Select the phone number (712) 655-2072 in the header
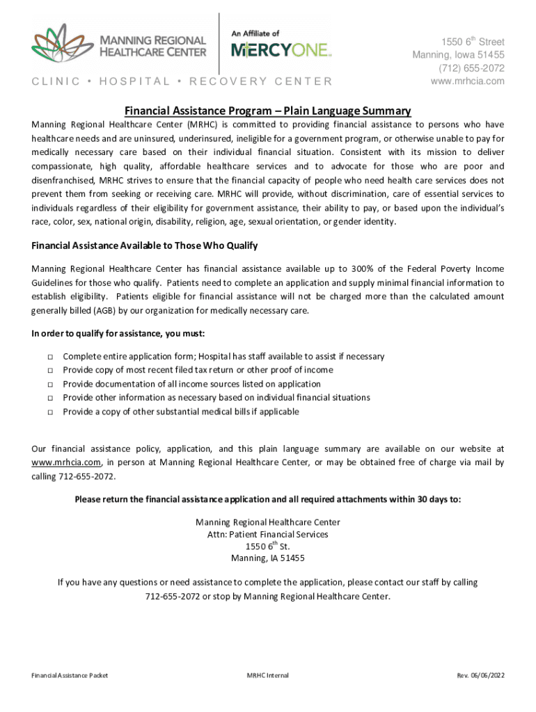471,68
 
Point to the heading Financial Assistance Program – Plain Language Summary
268,111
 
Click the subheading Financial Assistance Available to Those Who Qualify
145,245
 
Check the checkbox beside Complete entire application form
51,357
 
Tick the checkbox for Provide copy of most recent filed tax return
51,371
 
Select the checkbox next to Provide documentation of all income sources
51,385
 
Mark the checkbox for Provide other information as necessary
51,398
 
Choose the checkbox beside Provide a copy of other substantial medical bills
51,412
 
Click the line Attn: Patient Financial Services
268,535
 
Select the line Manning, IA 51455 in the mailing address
268,558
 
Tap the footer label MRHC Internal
268,676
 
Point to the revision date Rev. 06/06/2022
480,676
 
